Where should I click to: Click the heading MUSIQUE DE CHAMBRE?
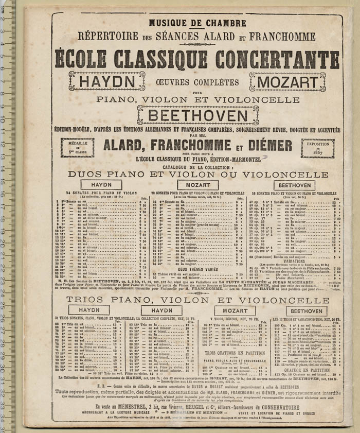point(197,23)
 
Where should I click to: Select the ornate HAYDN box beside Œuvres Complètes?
point(106,81)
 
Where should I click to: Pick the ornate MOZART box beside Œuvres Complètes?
point(288,81)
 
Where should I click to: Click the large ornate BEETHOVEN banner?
point(197,114)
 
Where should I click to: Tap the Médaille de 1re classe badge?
point(77,147)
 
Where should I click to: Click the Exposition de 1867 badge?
point(317,148)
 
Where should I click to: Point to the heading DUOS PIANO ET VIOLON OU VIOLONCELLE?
point(197,174)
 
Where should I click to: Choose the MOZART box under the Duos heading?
point(197,185)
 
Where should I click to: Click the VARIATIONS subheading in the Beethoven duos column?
point(295,261)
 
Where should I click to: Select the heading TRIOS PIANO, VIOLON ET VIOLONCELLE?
point(197,300)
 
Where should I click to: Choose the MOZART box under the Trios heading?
point(235,311)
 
